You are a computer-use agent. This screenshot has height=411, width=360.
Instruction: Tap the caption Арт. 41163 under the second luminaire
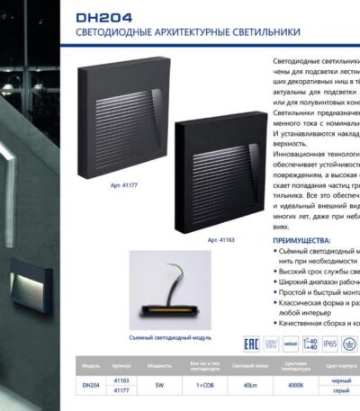point(220,240)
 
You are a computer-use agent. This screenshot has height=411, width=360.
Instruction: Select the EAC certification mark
point(252,343)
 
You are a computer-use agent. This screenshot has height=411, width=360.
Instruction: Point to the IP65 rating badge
point(331,344)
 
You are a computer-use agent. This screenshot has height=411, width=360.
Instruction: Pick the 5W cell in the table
point(159,385)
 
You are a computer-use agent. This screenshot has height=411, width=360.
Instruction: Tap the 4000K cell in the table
point(296,385)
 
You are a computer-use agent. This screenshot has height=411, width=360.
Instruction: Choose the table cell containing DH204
point(91,385)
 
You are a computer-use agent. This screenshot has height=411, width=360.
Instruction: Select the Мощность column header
point(159,367)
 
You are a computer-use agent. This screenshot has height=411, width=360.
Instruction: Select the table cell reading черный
point(342,380)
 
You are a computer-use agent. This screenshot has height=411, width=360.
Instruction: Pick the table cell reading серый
point(342,390)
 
